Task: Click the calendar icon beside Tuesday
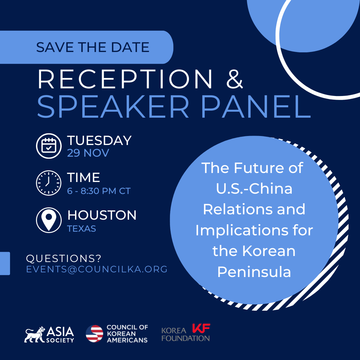pyautogui.click(x=49, y=146)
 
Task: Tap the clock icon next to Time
pyautogui.click(x=49, y=183)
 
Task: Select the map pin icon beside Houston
pyautogui.click(x=49, y=220)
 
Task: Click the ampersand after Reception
pyautogui.click(x=234, y=79)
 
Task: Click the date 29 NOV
pyautogui.click(x=88, y=153)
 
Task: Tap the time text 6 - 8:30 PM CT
pyautogui.click(x=99, y=191)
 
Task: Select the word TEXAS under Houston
pyautogui.click(x=82, y=229)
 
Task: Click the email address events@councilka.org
pyautogui.click(x=97, y=269)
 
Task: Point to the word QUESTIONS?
pyautogui.click(x=64, y=259)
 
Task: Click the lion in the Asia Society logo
pyautogui.click(x=34, y=335)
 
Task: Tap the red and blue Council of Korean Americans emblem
pyautogui.click(x=94, y=334)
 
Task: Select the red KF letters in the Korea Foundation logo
pyautogui.click(x=201, y=328)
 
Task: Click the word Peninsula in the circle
pyautogui.click(x=254, y=272)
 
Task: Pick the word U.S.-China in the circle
pyautogui.click(x=254, y=189)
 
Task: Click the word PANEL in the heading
pyautogui.click(x=256, y=107)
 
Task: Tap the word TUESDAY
pyautogui.click(x=99, y=140)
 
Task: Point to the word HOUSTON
pyautogui.click(x=102, y=215)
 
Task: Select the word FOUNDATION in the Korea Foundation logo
pyautogui.click(x=186, y=338)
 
